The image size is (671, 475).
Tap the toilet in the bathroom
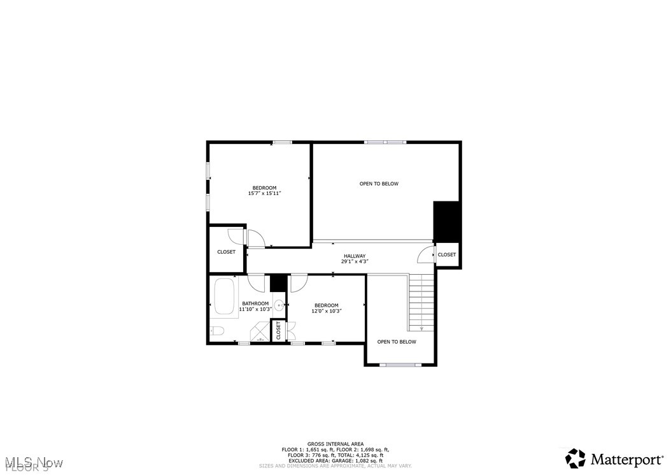click(216, 331)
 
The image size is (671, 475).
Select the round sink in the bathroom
click(279, 305)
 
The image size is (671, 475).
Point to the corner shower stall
click(260, 333)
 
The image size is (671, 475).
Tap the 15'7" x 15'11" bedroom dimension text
click(265, 193)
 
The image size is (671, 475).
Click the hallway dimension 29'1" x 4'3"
click(355, 261)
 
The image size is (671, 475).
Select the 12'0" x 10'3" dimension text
click(327, 311)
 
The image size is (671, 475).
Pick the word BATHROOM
click(255, 303)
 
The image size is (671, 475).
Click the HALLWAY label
click(355, 256)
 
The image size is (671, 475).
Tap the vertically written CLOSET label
click(278, 330)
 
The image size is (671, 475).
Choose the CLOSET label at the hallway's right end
click(447, 254)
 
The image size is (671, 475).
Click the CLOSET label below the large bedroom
click(226, 252)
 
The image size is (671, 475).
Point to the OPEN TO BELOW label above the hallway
click(379, 184)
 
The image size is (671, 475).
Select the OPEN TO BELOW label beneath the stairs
click(397, 342)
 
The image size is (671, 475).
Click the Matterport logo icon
click(576, 458)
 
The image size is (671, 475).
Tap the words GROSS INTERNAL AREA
click(335, 443)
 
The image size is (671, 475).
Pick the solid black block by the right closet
click(446, 221)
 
